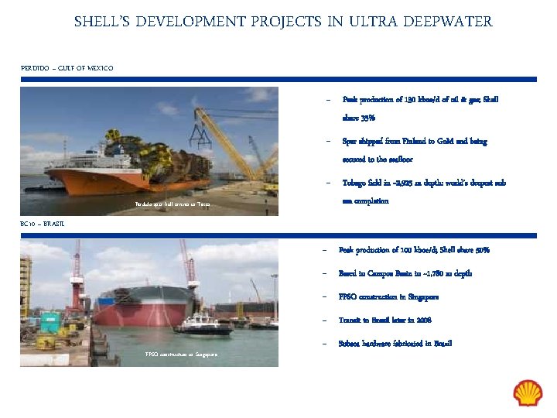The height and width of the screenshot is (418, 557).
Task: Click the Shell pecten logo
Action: tap(528, 392)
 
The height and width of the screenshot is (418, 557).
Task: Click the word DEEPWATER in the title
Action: tap(452, 22)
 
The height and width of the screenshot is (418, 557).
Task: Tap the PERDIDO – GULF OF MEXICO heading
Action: tap(67, 68)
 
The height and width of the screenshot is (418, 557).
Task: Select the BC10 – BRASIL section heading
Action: tap(43, 224)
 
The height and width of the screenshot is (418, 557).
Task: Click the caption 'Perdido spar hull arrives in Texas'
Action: tap(173, 204)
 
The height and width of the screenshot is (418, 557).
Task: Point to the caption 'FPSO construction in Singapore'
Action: tap(182, 354)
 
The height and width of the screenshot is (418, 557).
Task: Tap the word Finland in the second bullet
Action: tap(415, 142)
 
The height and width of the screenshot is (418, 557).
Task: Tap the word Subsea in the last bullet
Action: tap(351, 343)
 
